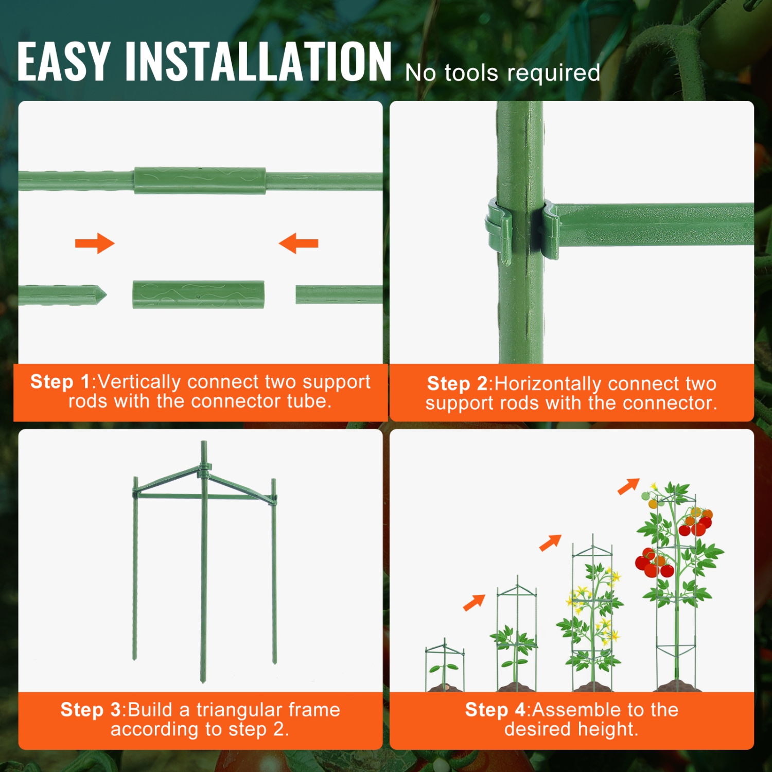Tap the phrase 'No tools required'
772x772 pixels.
coord(502,73)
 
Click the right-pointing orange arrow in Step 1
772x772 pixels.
coord(95,243)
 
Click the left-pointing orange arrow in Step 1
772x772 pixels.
coord(299,243)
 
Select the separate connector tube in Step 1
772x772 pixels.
coord(198,294)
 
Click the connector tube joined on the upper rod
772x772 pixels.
coord(200,181)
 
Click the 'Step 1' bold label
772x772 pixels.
coord(60,382)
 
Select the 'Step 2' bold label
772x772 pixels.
coord(457,384)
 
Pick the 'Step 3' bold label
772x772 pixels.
coord(91,710)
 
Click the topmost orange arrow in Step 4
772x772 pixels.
coord(628,486)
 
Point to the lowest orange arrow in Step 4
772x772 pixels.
coord(474,603)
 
